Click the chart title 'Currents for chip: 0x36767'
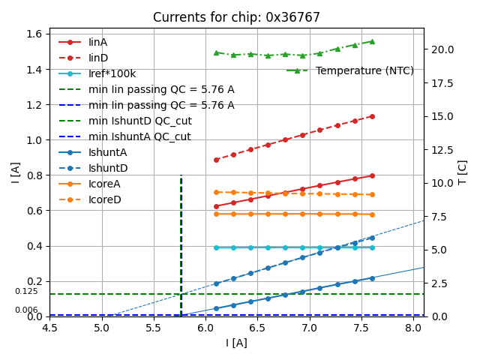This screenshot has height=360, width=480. [236, 17]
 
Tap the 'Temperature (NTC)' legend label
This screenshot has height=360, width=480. [364, 70]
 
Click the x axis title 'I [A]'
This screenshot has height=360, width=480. [236, 343]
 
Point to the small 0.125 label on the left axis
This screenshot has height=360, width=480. [26, 291]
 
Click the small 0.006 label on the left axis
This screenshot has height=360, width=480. [26, 310]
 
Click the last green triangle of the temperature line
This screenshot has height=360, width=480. [372, 41]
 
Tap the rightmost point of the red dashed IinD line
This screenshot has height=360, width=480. [372, 116]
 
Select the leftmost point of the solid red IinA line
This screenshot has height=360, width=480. [216, 206]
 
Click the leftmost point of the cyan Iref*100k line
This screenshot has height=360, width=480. [216, 247]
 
